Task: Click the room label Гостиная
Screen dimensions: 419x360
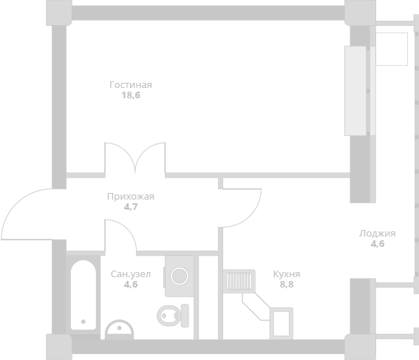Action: pyautogui.click(x=131, y=85)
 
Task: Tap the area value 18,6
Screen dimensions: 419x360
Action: pyautogui.click(x=131, y=95)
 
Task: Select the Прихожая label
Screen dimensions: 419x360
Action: pyautogui.click(x=131, y=197)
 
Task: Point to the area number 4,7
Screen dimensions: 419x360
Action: pyautogui.click(x=131, y=207)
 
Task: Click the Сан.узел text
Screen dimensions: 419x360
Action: pyautogui.click(x=131, y=274)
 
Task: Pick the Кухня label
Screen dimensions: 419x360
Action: pyautogui.click(x=287, y=274)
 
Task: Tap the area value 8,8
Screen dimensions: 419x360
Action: pyautogui.click(x=287, y=285)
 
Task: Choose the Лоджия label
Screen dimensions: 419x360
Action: pyautogui.click(x=378, y=234)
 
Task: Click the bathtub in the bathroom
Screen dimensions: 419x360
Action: pyautogui.click(x=84, y=295)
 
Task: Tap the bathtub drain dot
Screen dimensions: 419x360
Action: pyautogui.click(x=84, y=322)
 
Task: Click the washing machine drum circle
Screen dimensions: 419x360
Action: pyautogui.click(x=180, y=276)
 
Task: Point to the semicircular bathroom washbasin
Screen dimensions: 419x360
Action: pyautogui.click(x=119, y=330)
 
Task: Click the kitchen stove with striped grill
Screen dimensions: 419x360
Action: pyautogui.click(x=239, y=281)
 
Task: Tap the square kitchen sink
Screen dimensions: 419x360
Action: pyautogui.click(x=282, y=323)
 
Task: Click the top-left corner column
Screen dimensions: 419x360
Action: pyautogui.click(x=59, y=13)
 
